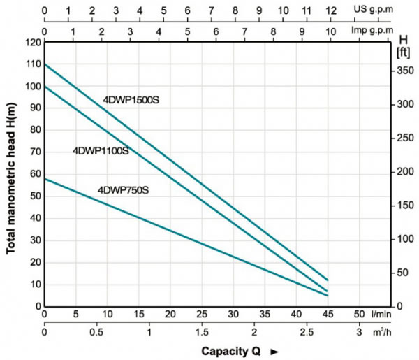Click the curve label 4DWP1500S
(132, 100)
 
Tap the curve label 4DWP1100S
(101, 150)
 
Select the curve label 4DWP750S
(124, 189)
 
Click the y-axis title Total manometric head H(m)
(11, 175)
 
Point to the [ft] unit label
(403, 53)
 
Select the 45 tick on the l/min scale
(327, 313)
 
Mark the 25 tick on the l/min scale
(201, 313)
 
